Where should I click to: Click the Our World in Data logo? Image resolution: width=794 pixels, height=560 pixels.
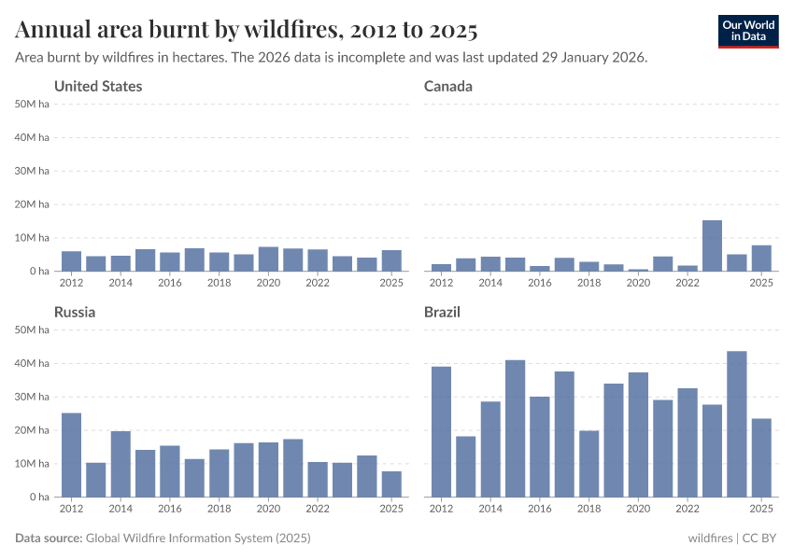coord(747,31)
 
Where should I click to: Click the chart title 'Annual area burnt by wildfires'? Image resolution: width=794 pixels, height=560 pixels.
coord(247,31)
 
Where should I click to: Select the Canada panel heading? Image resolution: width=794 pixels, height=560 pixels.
coord(447,87)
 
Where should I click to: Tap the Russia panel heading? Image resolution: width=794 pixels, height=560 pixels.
coord(75,313)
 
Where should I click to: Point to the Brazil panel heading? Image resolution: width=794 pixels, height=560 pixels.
coord(442,313)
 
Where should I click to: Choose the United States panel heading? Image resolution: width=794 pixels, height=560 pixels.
coord(98,87)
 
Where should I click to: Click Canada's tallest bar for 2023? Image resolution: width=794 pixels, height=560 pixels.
coord(712,245)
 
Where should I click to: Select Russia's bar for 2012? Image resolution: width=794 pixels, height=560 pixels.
coord(71,455)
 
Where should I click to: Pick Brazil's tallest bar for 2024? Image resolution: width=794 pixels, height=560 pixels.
coord(736,424)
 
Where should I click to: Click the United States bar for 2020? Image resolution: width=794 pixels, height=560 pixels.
coord(268,259)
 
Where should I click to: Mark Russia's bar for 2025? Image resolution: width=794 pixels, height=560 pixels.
coord(391,483)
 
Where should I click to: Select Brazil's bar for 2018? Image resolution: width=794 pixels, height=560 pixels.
coord(588,463)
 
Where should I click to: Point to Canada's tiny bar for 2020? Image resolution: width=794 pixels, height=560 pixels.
coord(638,270)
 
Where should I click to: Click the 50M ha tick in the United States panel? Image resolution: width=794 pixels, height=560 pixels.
coord(32,104)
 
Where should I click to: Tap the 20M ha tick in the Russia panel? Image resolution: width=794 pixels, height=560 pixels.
coord(32,430)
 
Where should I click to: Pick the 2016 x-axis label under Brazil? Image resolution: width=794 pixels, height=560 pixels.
coord(540,509)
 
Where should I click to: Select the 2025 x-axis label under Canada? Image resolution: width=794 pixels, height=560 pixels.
coord(760,283)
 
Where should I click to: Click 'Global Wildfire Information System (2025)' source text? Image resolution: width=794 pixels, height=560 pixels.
coord(198,539)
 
